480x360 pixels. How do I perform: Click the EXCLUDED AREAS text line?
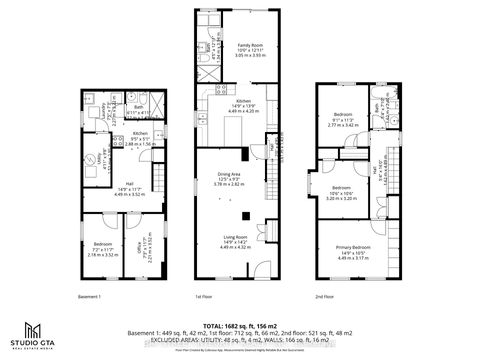pyautogui.click(x=240, y=341)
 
